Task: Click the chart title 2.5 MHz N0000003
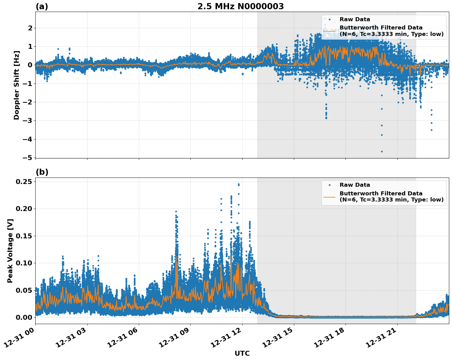point(240,6)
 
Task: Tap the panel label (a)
point(42,6)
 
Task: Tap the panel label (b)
point(42,172)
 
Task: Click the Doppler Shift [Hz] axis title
point(17,85)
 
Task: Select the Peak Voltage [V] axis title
point(10,251)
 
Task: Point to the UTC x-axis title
point(242,354)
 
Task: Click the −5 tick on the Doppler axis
point(28,158)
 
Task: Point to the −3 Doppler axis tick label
point(28,120)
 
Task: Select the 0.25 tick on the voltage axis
point(24,182)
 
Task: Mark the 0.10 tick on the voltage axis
point(24,263)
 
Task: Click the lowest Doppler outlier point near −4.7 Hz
point(382,151)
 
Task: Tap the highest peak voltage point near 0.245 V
point(239,184)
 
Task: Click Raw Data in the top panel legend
point(355,19)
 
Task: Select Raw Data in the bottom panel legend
point(355,185)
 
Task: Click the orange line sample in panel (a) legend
point(329,31)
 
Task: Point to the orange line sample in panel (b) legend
point(329,196)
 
